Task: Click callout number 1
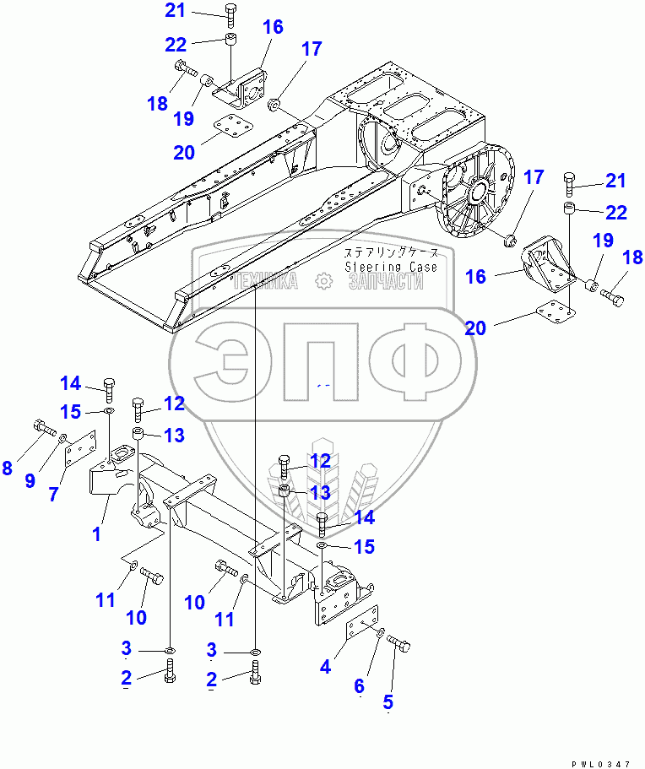tap(96, 533)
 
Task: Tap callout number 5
tap(388, 701)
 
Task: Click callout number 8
tap(8, 467)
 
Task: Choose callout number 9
tap(30, 481)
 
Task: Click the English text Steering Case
tap(391, 267)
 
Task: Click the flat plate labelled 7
tap(82, 449)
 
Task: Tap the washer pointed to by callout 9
tap(63, 438)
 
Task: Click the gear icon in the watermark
tap(322, 281)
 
